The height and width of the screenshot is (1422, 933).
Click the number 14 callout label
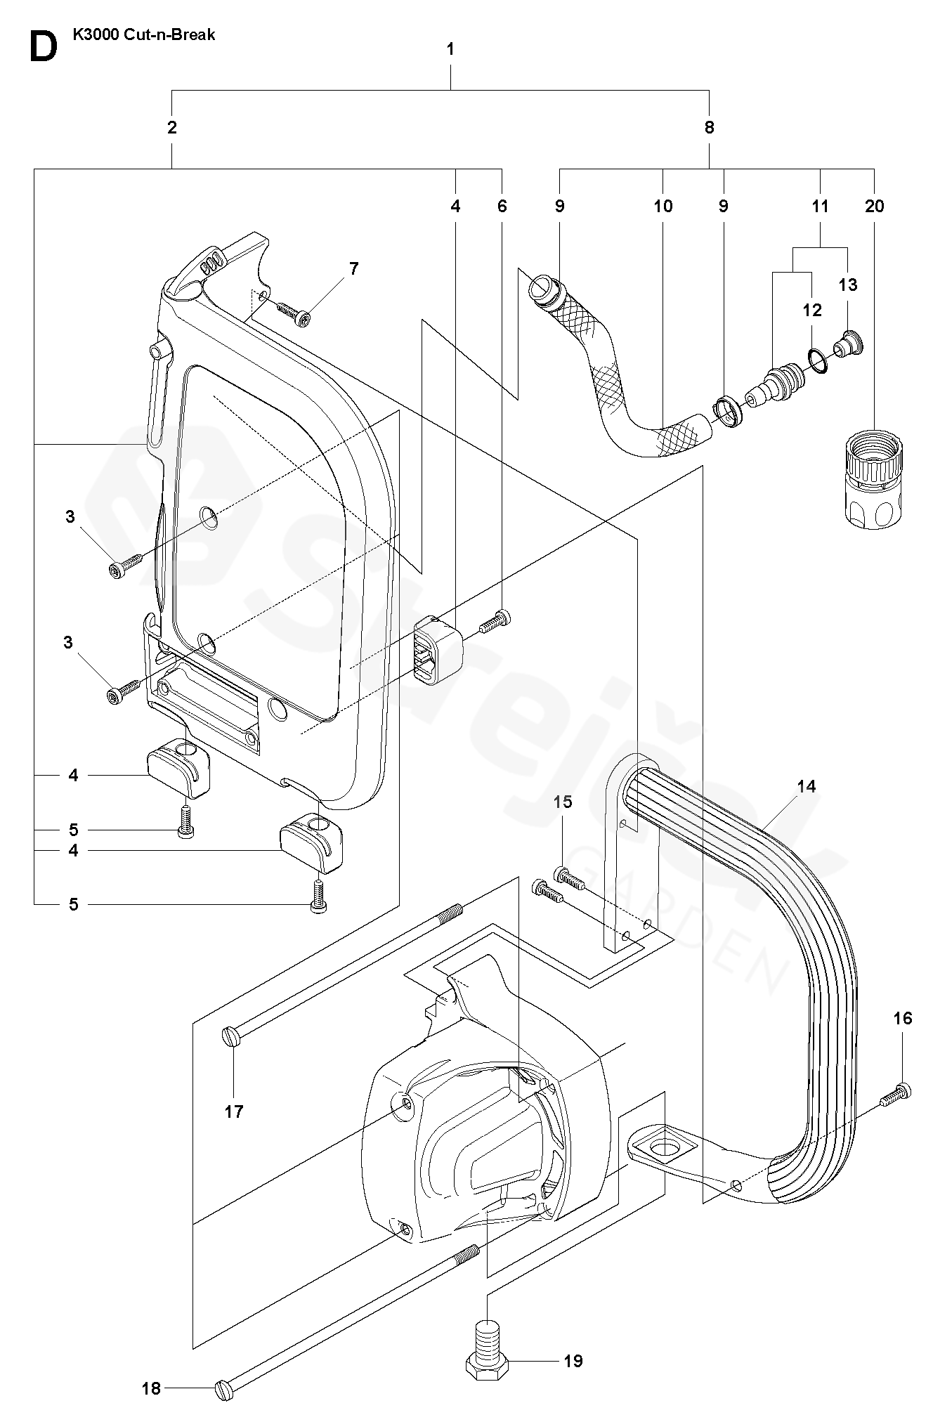click(x=807, y=786)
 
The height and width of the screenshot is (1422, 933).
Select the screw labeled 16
click(x=897, y=1112)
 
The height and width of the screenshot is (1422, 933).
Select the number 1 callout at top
click(x=450, y=49)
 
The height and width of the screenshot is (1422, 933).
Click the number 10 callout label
click(x=663, y=206)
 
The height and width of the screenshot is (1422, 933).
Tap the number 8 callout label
click(x=709, y=127)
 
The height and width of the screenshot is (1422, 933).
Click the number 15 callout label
click(x=563, y=802)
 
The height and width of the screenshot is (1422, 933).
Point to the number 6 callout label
click(x=502, y=206)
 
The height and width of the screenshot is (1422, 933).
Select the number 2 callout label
click(x=172, y=127)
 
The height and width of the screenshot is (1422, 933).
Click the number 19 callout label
click(x=573, y=1361)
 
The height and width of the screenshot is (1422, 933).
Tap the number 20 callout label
click(x=875, y=206)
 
